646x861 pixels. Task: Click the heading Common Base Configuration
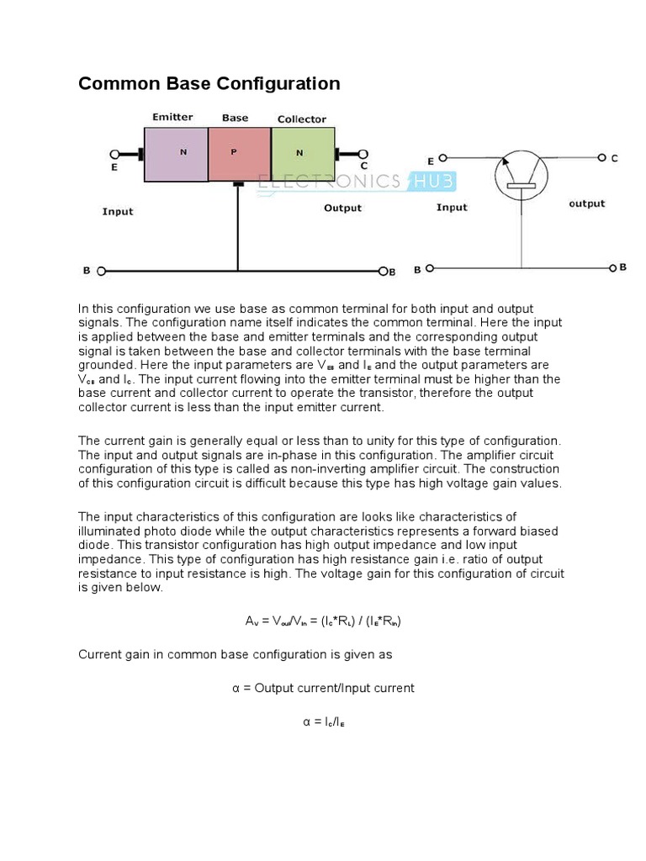(209, 84)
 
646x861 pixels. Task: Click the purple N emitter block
(176, 154)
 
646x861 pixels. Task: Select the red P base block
(239, 154)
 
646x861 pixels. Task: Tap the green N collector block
(302, 154)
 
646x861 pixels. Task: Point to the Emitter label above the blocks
(172, 117)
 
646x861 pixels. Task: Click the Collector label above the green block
(301, 119)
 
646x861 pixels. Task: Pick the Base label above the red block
(235, 118)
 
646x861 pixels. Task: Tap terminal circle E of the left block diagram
(115, 154)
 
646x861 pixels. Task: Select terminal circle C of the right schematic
(602, 157)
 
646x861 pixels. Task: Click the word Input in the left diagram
(118, 211)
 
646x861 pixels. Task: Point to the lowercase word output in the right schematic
(586, 203)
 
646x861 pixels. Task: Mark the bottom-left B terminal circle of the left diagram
(101, 271)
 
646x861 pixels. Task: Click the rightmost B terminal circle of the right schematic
(612, 268)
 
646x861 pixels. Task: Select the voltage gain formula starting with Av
(323, 621)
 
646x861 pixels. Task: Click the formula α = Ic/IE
(323, 721)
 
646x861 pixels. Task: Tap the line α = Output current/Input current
(323, 688)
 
